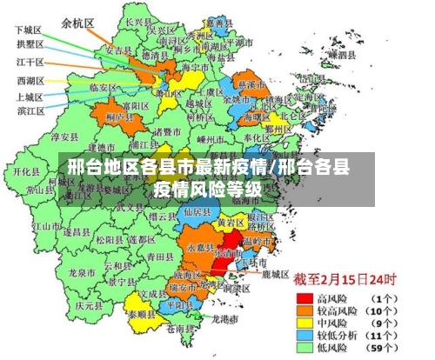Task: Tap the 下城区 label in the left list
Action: point(27,30)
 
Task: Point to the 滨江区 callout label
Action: point(30,110)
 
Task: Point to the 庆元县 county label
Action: point(84,306)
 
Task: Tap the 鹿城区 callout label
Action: point(275,275)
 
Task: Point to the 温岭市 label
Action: point(258,240)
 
